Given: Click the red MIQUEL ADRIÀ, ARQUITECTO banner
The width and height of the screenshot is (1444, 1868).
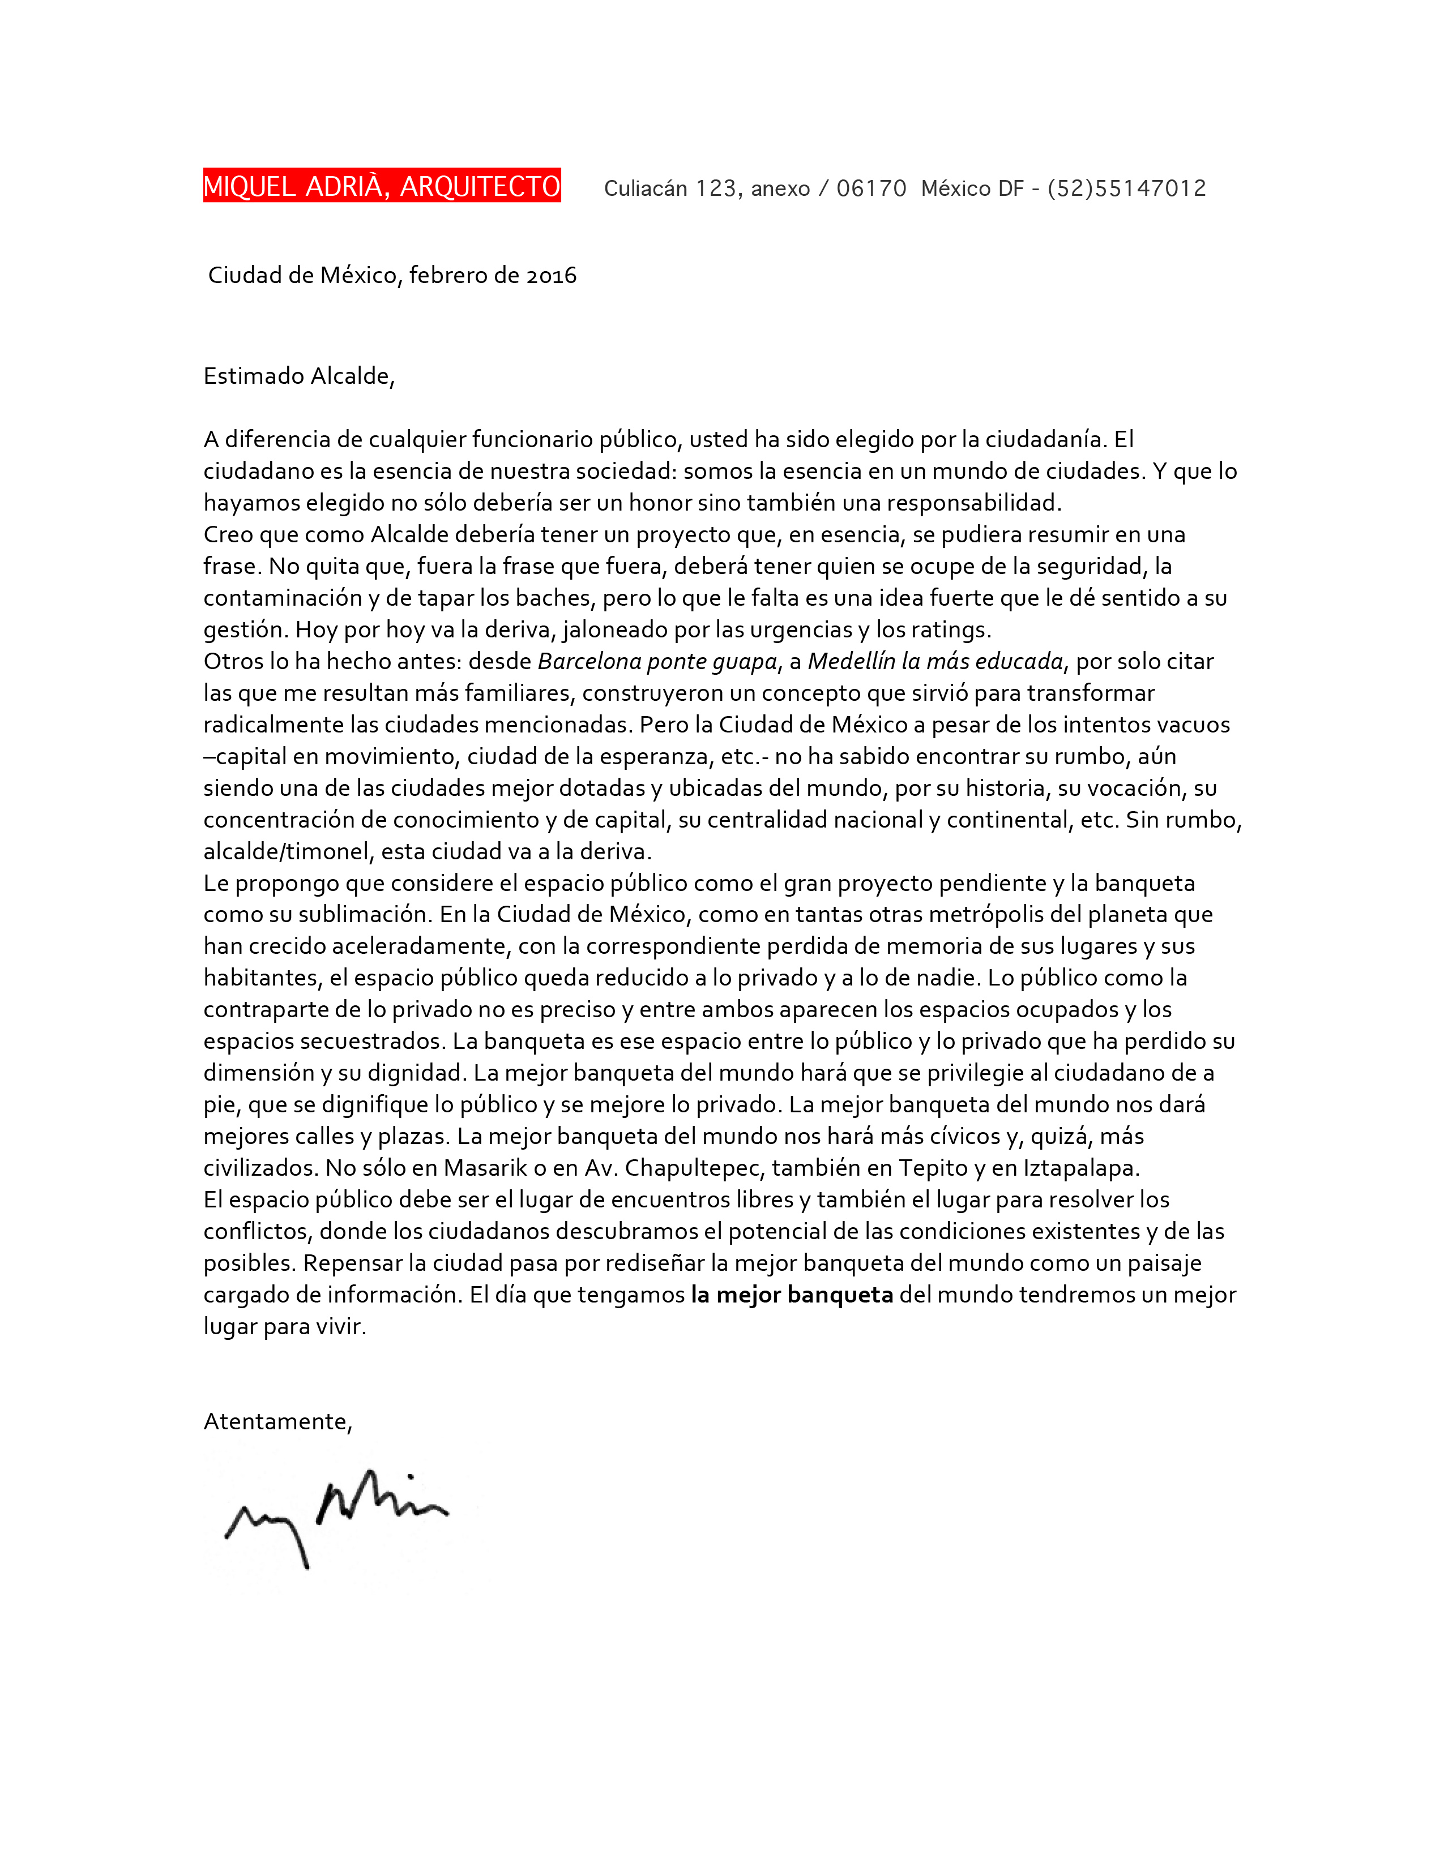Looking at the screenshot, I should (382, 186).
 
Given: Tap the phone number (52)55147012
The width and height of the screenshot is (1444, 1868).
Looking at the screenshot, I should (1127, 188).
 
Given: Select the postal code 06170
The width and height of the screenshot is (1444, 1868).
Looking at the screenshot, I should (871, 188).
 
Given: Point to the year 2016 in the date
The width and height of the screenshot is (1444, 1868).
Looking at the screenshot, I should (551, 276).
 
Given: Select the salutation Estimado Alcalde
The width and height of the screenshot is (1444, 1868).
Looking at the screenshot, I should (298, 376).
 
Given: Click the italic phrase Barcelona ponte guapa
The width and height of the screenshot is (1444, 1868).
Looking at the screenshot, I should (657, 661).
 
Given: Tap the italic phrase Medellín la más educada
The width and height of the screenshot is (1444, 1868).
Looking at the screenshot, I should (935, 661).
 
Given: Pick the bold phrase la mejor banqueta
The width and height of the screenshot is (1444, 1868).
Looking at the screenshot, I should (791, 1295).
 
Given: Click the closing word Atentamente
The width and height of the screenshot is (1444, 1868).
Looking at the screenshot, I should (276, 1421).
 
